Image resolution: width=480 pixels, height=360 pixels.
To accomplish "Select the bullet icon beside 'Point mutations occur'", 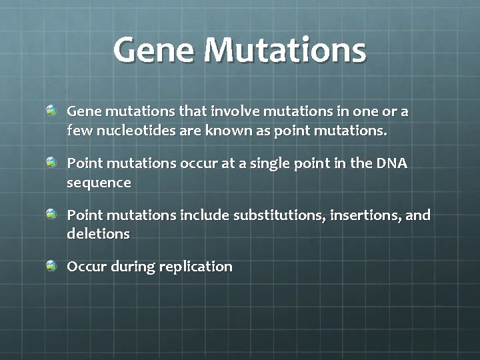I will point(52,161).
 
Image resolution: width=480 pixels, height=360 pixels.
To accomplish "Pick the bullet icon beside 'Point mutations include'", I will point(52,213).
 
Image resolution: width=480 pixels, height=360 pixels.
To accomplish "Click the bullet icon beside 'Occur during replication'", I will point(52,265).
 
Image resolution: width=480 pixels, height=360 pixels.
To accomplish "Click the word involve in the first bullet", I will point(233,111).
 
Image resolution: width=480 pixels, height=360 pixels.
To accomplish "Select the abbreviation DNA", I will point(393,163).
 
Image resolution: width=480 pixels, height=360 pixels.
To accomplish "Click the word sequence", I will point(99,183).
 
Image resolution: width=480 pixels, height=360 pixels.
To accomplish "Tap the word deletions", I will point(98,234).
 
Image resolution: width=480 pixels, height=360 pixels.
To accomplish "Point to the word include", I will point(204,215).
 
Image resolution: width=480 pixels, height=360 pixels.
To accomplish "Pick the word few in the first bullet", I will point(80,131).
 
